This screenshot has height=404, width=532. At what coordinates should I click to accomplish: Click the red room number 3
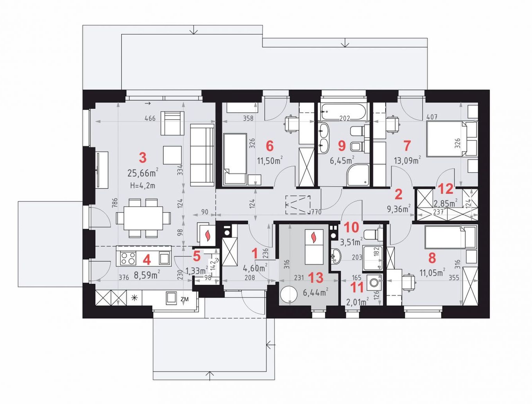point(143,158)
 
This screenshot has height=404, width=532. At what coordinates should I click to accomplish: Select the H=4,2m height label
point(143,186)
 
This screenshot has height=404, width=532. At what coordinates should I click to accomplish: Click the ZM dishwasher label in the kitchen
point(185,299)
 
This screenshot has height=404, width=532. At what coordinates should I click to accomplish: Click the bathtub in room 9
point(344,112)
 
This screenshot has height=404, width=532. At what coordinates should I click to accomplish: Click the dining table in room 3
point(143,218)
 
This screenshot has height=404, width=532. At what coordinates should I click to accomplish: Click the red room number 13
point(316,278)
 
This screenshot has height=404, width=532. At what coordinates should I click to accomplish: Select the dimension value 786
point(115,203)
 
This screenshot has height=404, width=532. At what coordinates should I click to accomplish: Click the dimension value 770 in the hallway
point(316,212)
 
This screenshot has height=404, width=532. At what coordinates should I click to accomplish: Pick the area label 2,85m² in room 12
point(446,203)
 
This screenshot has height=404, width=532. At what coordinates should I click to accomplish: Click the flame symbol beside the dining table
point(207,235)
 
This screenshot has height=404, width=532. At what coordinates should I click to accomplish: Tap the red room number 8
point(432,258)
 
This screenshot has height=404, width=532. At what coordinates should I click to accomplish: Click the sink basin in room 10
point(336,256)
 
